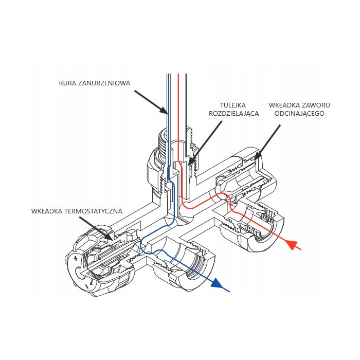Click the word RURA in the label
pyautogui.click(x=68, y=82)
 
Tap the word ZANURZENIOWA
pyautogui.click(x=105, y=82)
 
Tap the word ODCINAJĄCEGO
pyautogui.click(x=299, y=113)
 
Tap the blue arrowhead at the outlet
pyautogui.click(x=220, y=283)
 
